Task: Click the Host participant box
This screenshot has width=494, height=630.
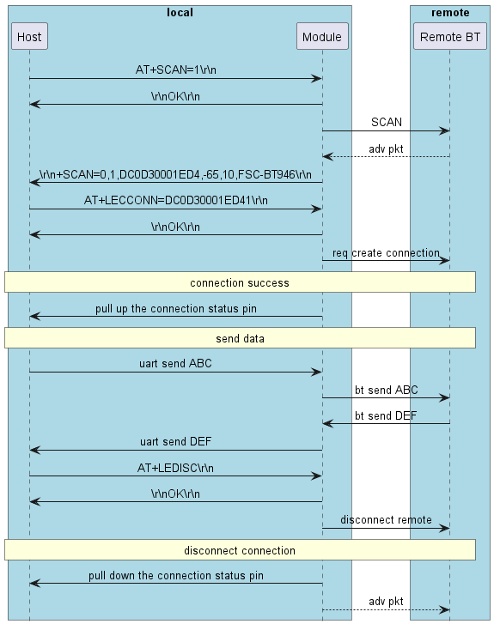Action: point(29,37)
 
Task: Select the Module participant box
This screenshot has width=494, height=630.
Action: point(322,37)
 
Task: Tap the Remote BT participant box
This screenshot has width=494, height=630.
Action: point(449,37)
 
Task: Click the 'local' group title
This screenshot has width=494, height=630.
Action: point(180,13)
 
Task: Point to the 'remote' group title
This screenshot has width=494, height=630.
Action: point(451,13)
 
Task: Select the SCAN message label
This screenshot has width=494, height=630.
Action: point(387,123)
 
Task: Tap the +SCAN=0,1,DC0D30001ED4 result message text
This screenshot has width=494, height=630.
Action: point(175,174)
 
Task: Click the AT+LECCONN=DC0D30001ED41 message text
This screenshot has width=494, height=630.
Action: point(175,200)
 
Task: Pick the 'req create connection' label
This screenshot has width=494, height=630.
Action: point(386,253)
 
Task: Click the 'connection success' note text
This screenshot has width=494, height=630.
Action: point(240,282)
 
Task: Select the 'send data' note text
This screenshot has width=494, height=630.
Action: point(240,338)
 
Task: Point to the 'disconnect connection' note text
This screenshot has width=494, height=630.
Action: point(240,549)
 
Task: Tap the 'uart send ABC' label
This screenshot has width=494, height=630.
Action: point(175,363)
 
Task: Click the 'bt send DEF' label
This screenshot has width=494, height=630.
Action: point(386,415)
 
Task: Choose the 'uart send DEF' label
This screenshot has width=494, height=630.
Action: point(175,441)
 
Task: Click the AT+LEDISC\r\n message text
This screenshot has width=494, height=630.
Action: point(175,468)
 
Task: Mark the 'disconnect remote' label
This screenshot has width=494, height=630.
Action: point(386,519)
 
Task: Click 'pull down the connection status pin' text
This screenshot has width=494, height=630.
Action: point(175,576)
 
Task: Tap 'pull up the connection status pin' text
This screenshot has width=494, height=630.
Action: point(175,308)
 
